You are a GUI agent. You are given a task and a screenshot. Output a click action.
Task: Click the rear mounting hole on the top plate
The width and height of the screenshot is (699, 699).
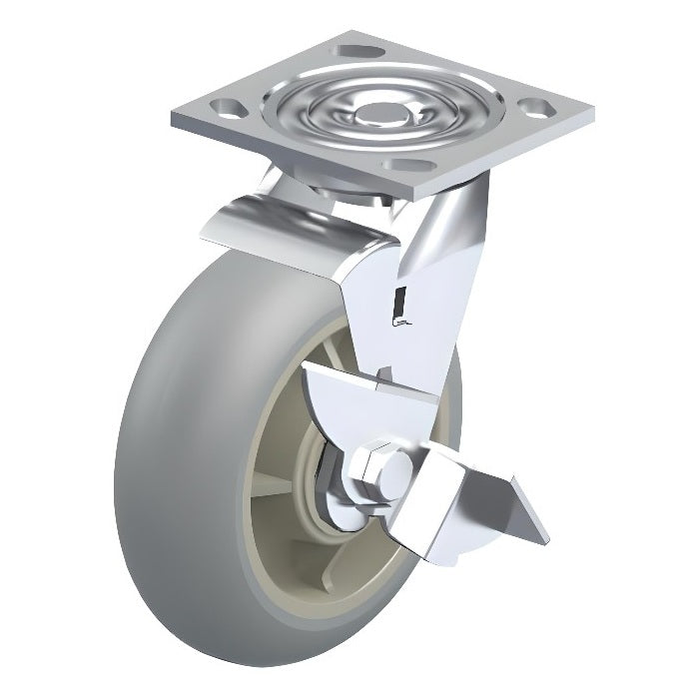355,51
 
